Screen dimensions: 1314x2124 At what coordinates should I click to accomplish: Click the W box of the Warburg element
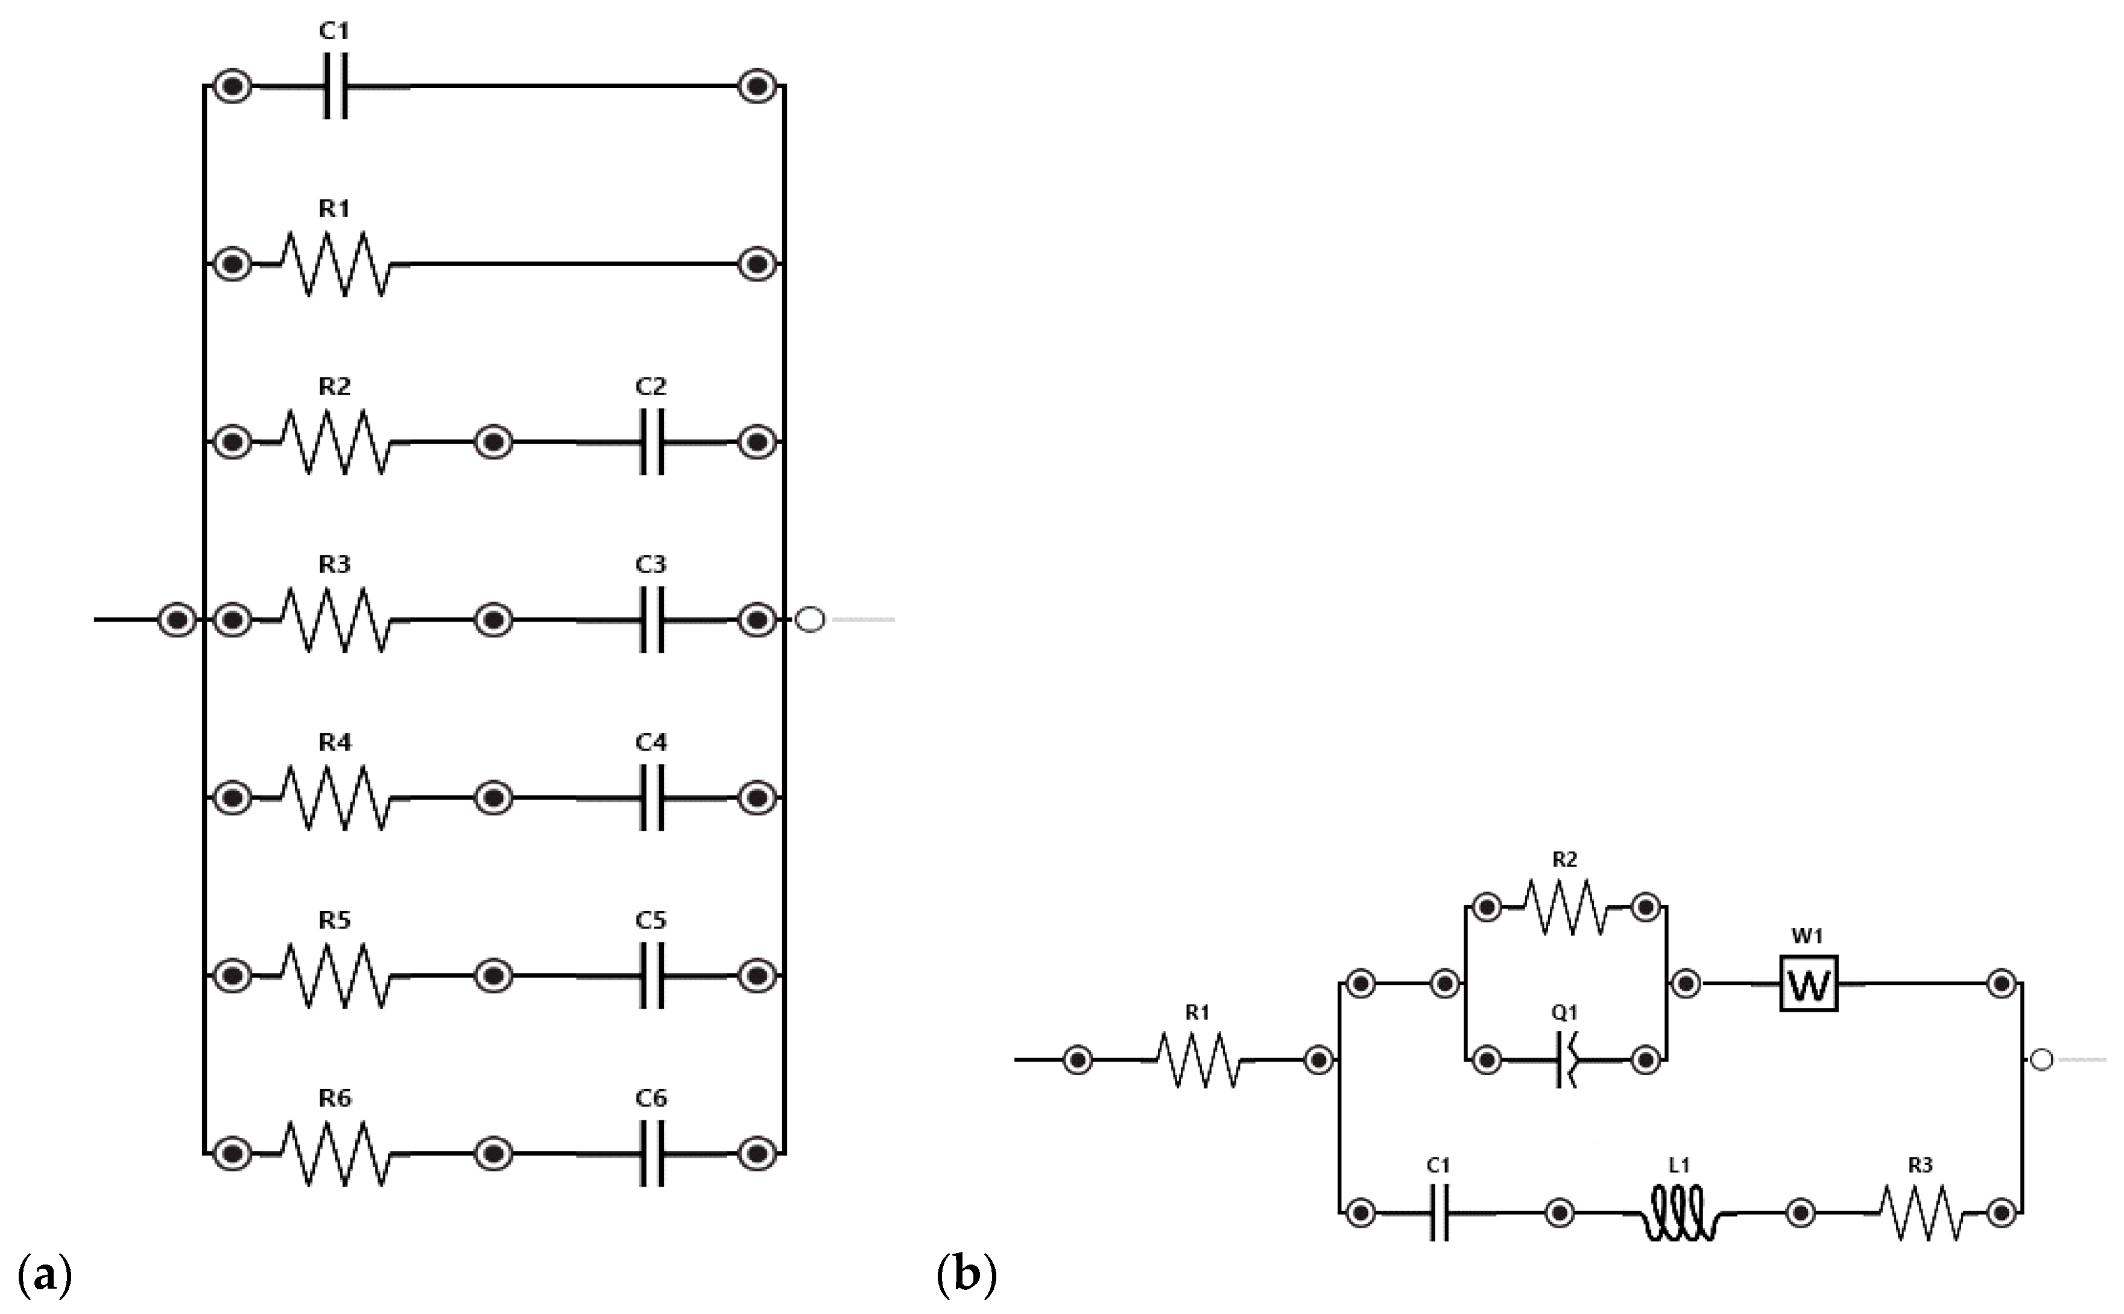pos(1809,984)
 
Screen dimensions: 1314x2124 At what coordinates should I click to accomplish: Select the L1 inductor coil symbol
pos(1679,1213)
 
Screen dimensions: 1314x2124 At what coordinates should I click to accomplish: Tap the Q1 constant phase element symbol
pos(1566,1060)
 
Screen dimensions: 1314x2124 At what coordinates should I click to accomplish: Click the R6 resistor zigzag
pos(335,1154)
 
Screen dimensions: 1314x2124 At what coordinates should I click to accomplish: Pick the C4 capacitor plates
pos(651,797)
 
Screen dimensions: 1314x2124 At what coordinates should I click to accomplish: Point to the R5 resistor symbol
pos(335,976)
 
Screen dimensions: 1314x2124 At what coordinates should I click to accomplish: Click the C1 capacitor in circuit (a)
pos(335,87)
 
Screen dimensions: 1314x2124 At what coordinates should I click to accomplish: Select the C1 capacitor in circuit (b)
pos(1438,1212)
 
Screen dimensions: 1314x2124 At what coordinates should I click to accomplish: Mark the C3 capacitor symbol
pos(651,620)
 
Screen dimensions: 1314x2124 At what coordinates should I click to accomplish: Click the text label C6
pos(651,1099)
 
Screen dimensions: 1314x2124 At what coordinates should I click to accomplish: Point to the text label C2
pos(651,386)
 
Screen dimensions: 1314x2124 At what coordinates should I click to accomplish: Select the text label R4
pos(335,742)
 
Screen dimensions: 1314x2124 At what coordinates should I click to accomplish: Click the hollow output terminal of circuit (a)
pos(810,620)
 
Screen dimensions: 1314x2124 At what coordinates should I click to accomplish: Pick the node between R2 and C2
pos(493,442)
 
